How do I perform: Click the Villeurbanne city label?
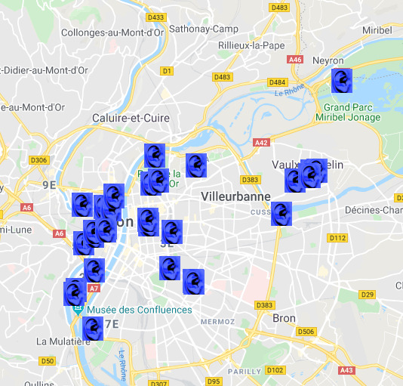[235, 196]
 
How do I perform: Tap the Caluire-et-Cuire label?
[131, 119]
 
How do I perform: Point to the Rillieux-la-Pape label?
[251, 45]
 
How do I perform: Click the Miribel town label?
[377, 30]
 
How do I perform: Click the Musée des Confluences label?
[139, 310]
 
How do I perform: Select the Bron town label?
[285, 319]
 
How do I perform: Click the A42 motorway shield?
[262, 142]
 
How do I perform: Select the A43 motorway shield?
[346, 370]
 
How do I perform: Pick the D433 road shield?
[157, 17]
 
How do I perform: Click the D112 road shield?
[337, 238]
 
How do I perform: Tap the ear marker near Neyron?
[342, 80]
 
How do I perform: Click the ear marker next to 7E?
[92, 329]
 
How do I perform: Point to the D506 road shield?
[306, 332]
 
